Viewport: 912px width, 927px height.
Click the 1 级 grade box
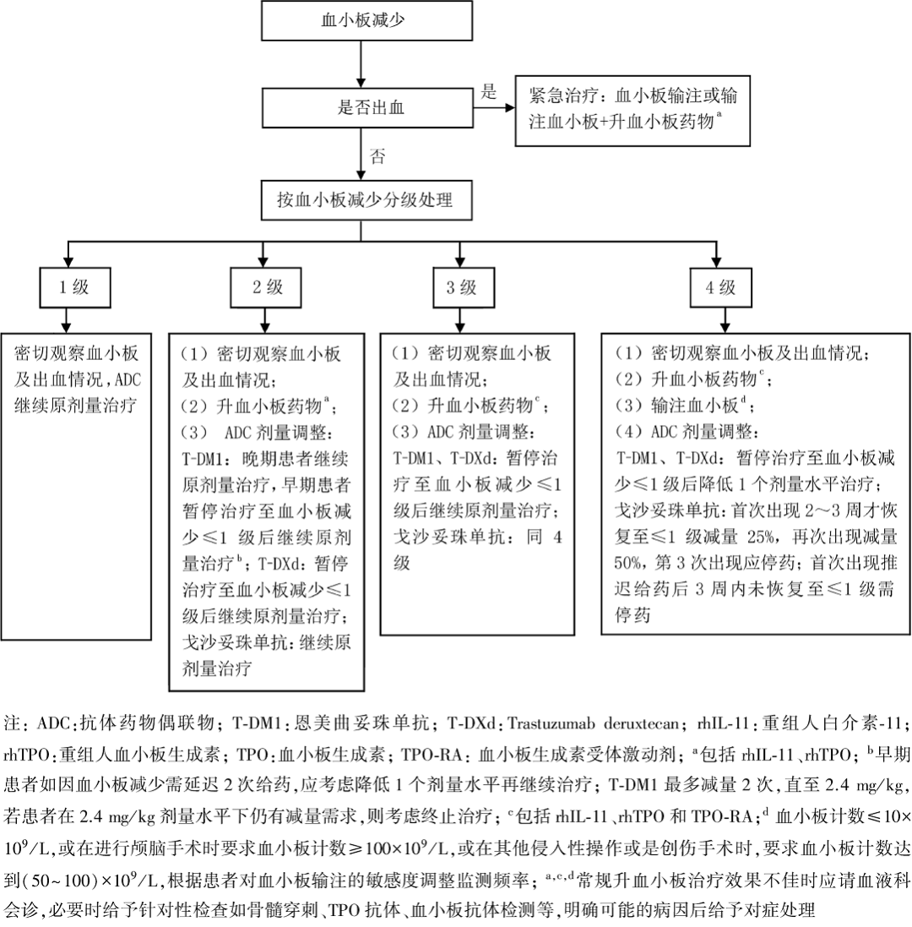(x=73, y=287)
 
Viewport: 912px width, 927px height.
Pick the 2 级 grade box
(x=267, y=287)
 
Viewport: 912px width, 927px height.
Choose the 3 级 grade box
(x=461, y=287)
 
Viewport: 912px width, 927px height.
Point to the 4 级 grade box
(x=720, y=287)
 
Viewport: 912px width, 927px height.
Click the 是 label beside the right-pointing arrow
(x=487, y=93)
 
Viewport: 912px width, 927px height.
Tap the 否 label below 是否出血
(x=379, y=155)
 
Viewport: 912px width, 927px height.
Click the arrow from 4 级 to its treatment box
(x=720, y=321)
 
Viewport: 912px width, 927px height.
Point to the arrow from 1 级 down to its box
(x=68, y=321)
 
